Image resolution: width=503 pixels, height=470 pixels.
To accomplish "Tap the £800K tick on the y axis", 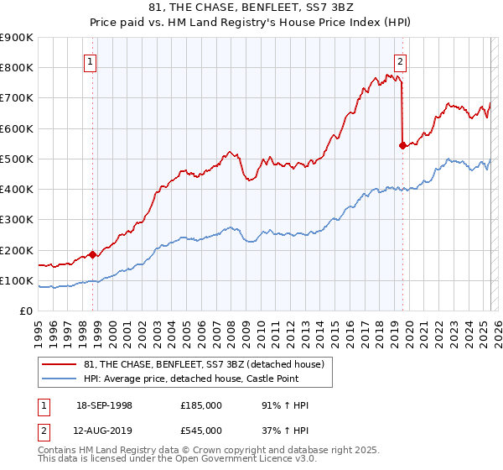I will (17, 67).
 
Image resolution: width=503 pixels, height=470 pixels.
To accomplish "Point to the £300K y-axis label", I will (17, 220).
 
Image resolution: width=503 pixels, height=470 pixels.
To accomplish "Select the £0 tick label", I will (26, 311).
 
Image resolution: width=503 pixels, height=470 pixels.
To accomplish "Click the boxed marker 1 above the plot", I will (90, 60).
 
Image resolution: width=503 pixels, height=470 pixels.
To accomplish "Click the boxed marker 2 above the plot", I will (401, 60).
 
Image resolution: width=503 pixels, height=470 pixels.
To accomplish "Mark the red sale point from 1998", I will (91, 254).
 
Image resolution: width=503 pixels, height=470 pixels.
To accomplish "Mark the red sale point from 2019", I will (402, 145).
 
